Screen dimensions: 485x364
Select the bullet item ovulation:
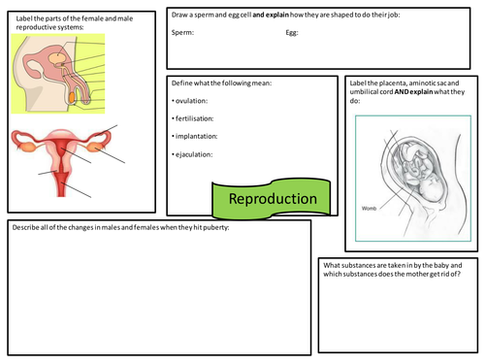[193, 100]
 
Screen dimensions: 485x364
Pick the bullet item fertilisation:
[196, 117]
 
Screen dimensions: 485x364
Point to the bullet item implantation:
[197, 136]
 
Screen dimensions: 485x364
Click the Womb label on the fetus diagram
[370, 207]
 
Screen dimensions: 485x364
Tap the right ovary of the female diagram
[97, 147]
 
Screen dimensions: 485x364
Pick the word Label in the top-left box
[23, 17]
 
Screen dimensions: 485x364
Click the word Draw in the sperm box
[181, 16]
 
